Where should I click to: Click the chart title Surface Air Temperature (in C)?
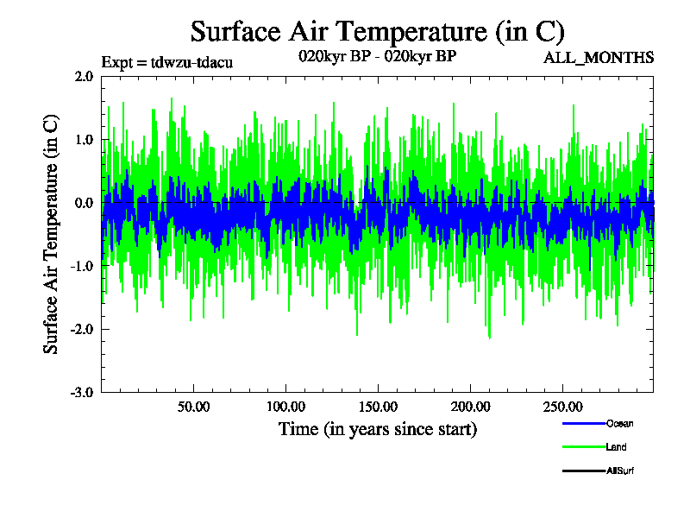click(377, 32)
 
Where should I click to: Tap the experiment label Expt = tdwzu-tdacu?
click(167, 62)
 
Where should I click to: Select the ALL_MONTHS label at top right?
click(599, 58)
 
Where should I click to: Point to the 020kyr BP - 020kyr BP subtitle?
click(377, 57)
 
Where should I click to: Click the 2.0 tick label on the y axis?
click(84, 76)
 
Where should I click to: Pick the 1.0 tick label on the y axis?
click(84, 139)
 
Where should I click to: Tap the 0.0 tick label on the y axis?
click(84, 203)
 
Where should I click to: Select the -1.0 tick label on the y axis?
click(82, 266)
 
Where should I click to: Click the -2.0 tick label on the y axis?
click(82, 329)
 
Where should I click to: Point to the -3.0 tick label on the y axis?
click(82, 392)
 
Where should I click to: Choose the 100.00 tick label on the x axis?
click(285, 407)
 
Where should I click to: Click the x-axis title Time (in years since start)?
click(377, 429)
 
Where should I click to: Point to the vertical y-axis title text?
click(52, 233)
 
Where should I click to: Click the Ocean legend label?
click(619, 423)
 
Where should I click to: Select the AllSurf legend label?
click(621, 471)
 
